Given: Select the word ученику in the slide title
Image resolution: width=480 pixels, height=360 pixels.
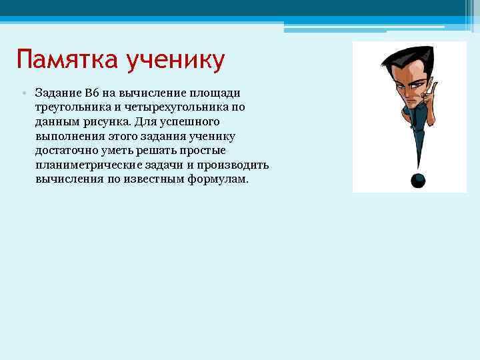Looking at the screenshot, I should pos(179,61).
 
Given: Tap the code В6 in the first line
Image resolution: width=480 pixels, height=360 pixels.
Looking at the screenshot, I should pos(91,93).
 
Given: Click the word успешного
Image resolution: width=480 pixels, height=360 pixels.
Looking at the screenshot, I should pos(189,122).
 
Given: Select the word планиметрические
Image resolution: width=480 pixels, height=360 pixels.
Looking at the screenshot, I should pos(85,165).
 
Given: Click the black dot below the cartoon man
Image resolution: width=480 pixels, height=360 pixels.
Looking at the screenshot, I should pos(417,180).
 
